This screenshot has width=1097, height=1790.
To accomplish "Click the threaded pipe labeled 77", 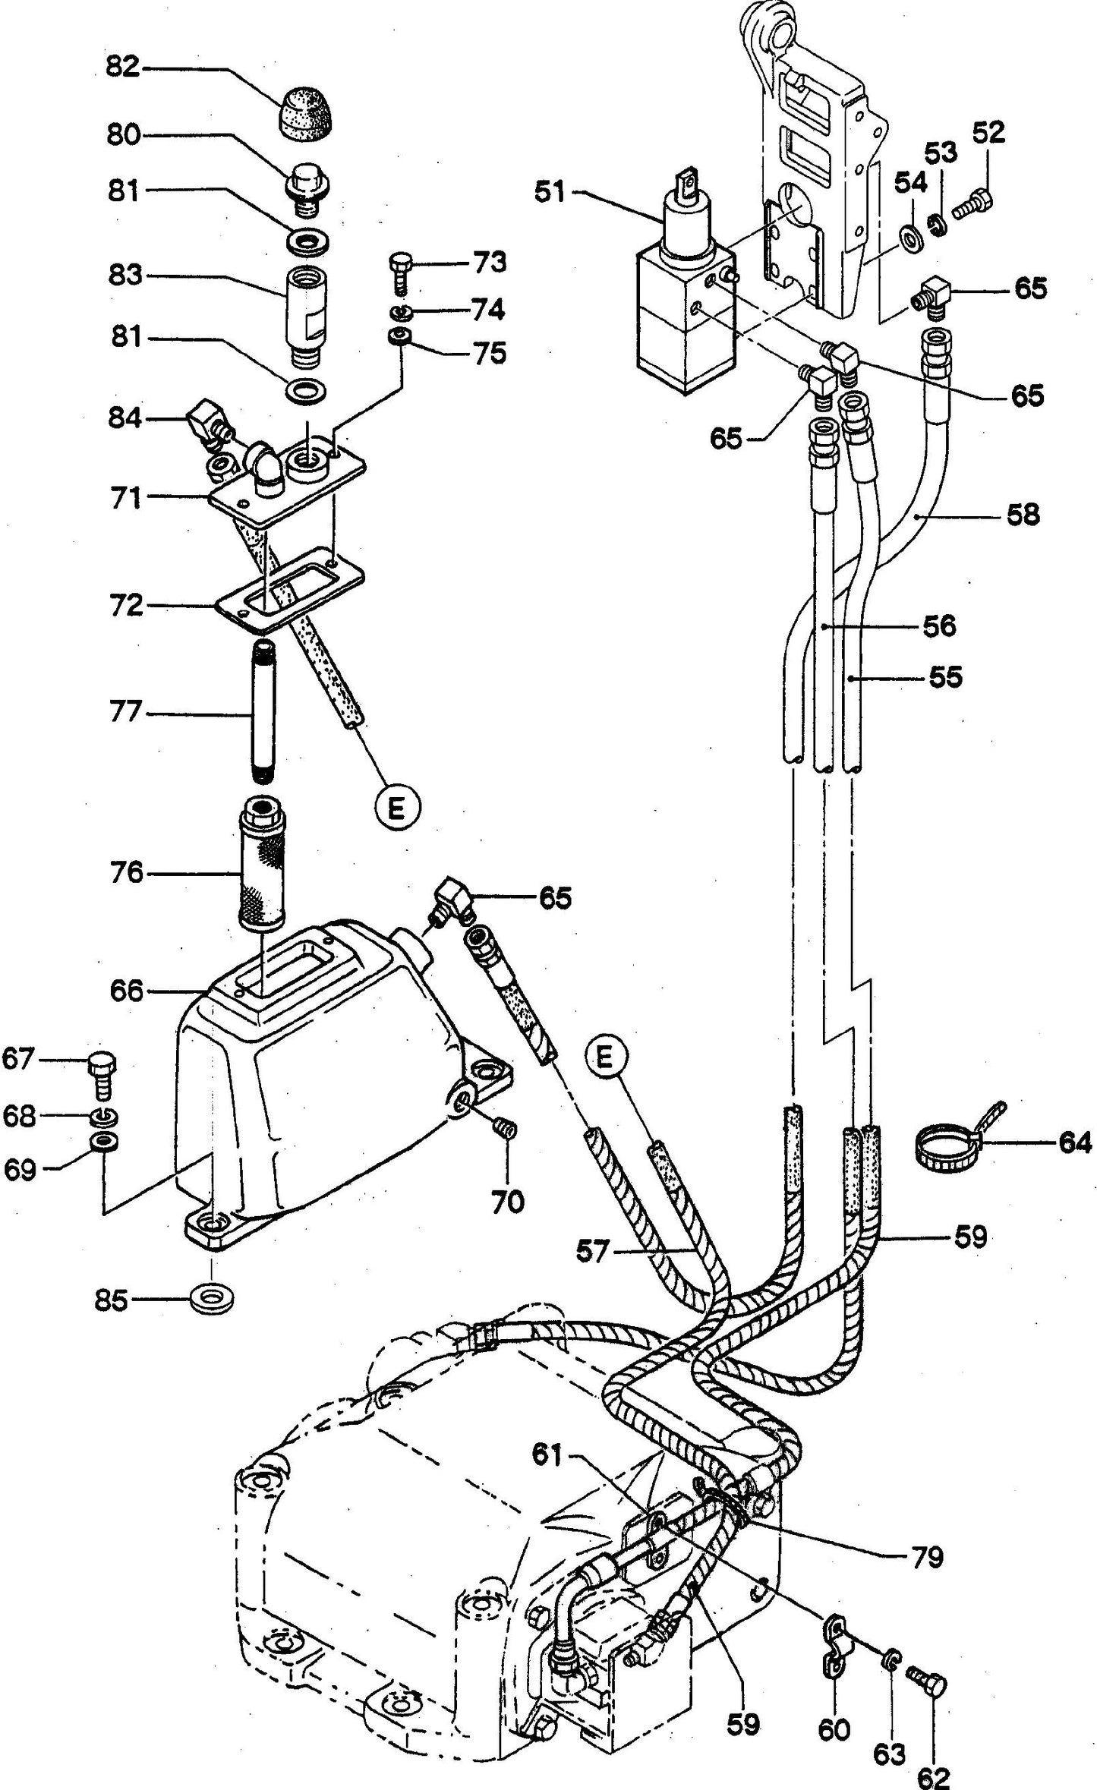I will click(263, 714).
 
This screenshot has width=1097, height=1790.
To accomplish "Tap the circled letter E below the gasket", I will click(396, 809).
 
